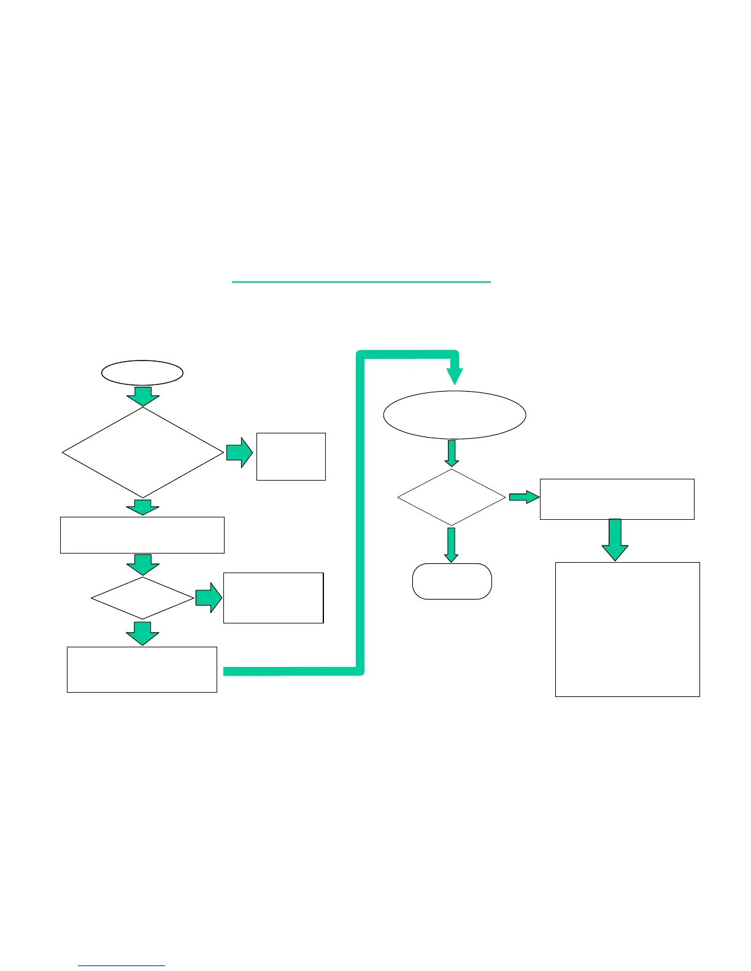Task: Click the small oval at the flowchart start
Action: [142, 373]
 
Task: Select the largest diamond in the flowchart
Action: [143, 452]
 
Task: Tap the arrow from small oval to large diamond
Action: [143, 396]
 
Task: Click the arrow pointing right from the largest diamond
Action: [239, 452]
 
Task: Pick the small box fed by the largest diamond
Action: [291, 456]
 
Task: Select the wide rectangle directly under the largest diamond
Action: [142, 535]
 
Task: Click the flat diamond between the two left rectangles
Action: [142, 598]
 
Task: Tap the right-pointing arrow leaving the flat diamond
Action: [209, 598]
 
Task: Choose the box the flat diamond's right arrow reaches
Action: [273, 598]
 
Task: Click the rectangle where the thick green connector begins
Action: [142, 669]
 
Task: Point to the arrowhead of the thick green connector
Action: [455, 375]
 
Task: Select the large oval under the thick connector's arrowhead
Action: [455, 415]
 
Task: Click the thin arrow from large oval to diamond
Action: [452, 453]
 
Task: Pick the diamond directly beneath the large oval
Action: [452, 497]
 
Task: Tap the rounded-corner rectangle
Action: [452, 581]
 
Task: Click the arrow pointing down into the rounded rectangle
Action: [452, 545]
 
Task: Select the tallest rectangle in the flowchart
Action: [627, 629]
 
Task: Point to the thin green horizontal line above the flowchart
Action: [361, 282]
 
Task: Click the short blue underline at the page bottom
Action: [121, 966]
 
